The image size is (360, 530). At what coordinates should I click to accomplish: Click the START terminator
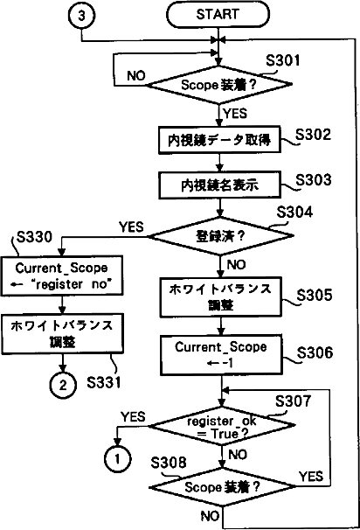[218, 15]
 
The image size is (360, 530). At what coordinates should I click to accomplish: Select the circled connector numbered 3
[81, 16]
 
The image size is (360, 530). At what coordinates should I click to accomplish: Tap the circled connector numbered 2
[63, 385]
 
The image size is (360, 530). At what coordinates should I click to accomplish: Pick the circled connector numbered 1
[117, 459]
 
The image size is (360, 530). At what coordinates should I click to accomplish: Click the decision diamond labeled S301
[219, 85]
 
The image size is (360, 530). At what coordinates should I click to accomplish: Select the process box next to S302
[219, 140]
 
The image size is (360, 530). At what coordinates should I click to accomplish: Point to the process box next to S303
[220, 185]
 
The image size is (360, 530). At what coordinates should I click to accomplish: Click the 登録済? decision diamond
[220, 236]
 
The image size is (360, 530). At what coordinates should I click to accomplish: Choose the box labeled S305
[221, 297]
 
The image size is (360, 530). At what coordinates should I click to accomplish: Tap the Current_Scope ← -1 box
[221, 355]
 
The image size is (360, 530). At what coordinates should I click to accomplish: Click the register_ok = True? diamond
[222, 426]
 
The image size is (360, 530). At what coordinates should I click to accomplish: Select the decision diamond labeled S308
[223, 487]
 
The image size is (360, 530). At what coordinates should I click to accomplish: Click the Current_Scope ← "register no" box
[62, 275]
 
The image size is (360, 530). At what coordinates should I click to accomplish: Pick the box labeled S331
[63, 333]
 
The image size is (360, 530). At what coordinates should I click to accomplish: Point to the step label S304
[294, 213]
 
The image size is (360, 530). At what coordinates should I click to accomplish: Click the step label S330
[34, 237]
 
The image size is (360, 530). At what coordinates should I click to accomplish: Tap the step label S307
[293, 401]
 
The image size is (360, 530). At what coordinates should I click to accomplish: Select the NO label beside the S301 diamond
[136, 76]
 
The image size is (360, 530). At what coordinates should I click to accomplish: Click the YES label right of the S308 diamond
[311, 477]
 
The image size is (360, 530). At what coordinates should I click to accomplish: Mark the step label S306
[315, 352]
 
